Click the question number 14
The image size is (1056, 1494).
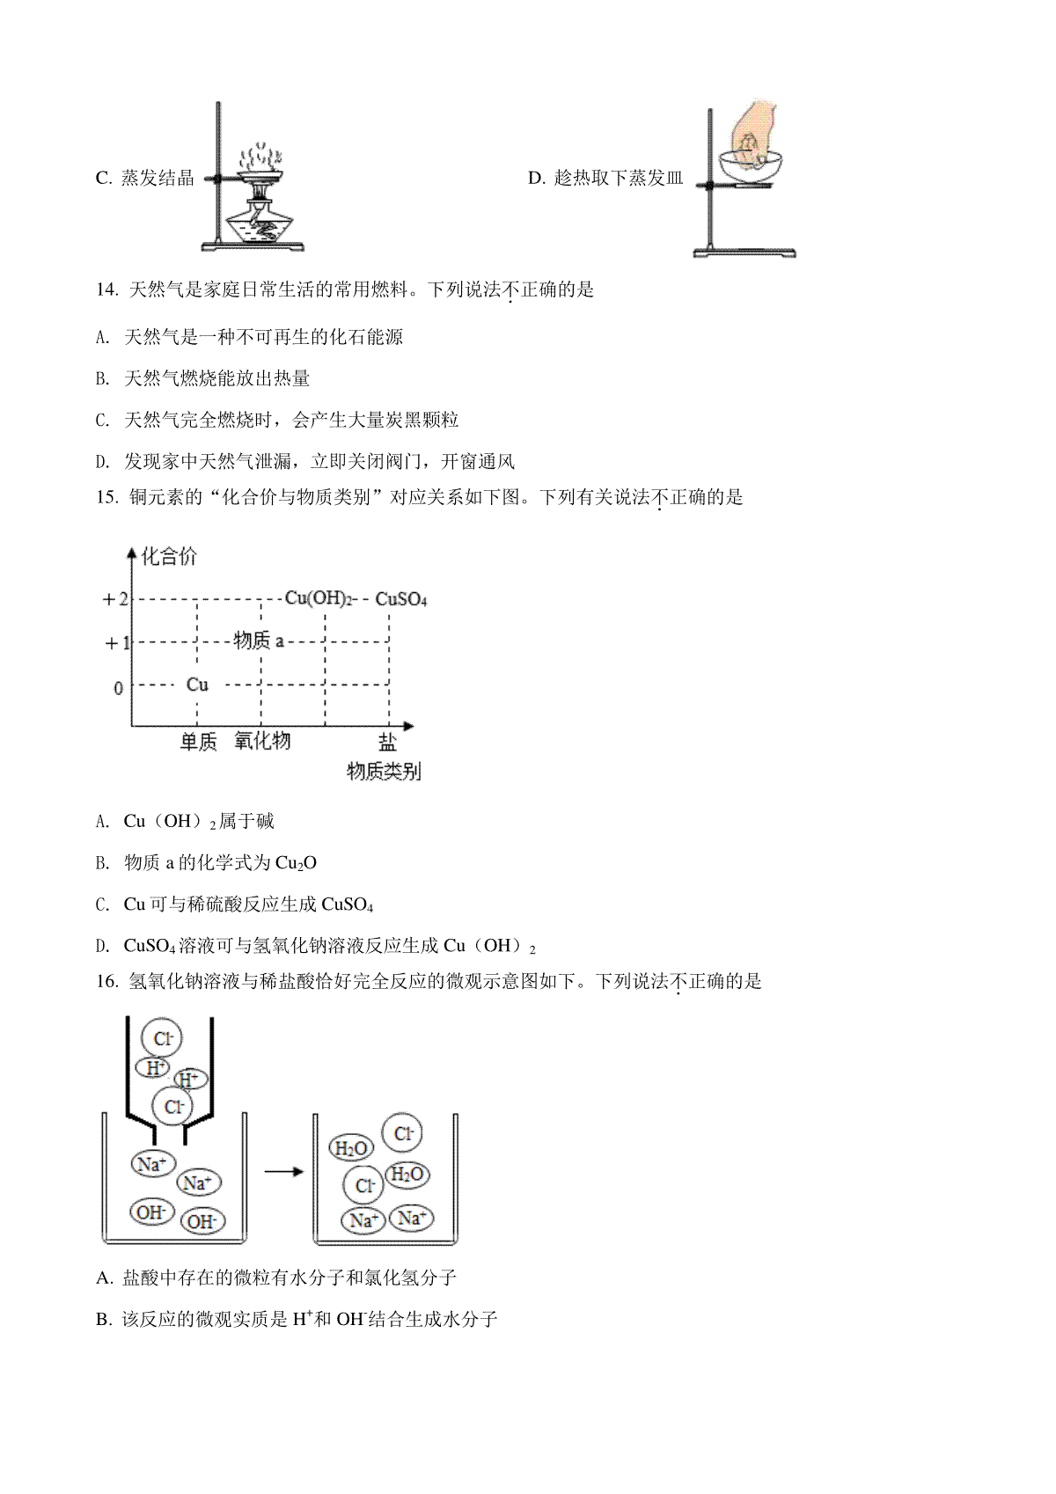pyautogui.click(x=106, y=289)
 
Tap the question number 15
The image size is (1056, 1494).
pyautogui.click(x=106, y=497)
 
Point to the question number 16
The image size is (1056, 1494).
pyautogui.click(x=106, y=981)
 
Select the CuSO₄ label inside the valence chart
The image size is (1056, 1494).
pyautogui.click(x=401, y=599)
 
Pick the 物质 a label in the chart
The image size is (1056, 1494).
pyautogui.click(x=259, y=641)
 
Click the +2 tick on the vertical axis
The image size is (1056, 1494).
pyautogui.click(x=114, y=599)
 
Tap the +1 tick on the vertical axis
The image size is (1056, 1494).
pyautogui.click(x=117, y=643)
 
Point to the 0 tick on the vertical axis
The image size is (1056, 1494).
pyautogui.click(x=119, y=688)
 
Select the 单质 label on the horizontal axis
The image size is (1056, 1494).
pyautogui.click(x=199, y=741)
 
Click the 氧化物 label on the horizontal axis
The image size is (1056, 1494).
pyautogui.click(x=262, y=740)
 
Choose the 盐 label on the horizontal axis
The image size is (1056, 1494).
pyautogui.click(x=387, y=742)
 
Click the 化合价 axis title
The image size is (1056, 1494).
pyautogui.click(x=170, y=555)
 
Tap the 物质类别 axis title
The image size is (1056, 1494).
pyautogui.click(x=385, y=771)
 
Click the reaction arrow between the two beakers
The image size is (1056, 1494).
pyautogui.click(x=284, y=1171)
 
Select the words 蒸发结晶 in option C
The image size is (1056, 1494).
pyautogui.click(x=158, y=178)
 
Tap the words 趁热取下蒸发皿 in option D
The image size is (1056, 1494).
pyautogui.click(x=619, y=178)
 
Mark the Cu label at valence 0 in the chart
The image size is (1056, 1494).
pyautogui.click(x=197, y=685)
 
